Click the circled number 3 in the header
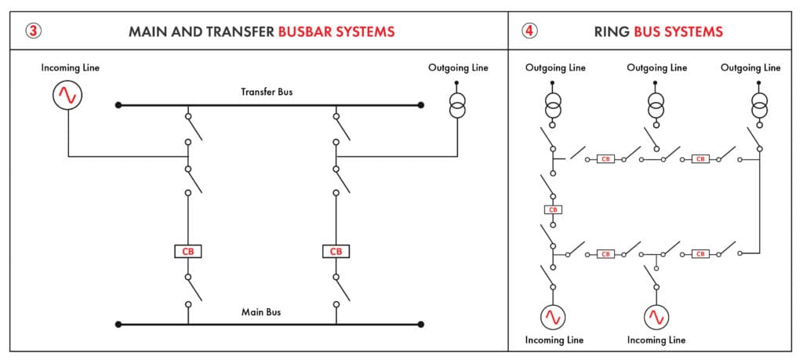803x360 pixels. (x=33, y=31)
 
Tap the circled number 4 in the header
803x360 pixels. (x=530, y=31)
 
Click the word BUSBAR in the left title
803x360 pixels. (x=306, y=32)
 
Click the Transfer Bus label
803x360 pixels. (x=267, y=92)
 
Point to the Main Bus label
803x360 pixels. (x=261, y=312)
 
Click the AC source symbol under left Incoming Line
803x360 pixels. (x=67, y=96)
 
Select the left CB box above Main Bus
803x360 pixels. (x=188, y=252)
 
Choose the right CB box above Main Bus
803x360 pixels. (x=336, y=252)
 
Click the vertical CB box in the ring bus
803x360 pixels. (x=553, y=209)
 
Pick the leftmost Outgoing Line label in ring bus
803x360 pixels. (x=555, y=68)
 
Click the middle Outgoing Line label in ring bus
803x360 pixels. (x=656, y=68)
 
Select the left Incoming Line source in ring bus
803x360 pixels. (x=554, y=317)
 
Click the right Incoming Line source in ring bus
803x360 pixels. (x=656, y=317)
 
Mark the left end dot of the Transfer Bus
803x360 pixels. (x=118, y=104)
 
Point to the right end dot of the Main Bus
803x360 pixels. (x=422, y=324)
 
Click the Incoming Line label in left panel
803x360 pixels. (x=71, y=68)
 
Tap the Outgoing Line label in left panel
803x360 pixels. (x=458, y=68)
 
